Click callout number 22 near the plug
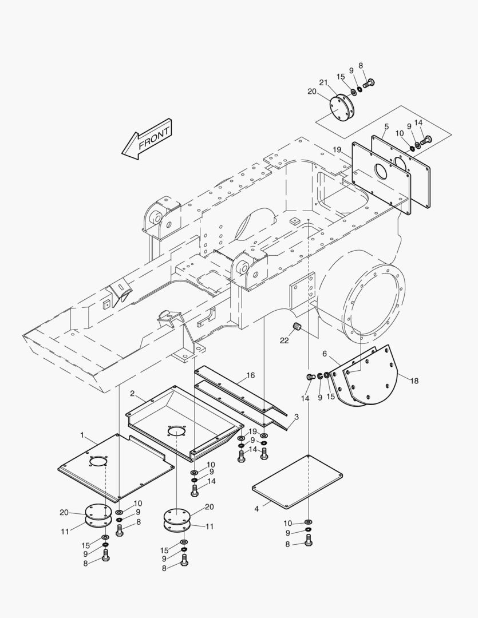click(x=284, y=340)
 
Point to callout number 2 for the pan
click(x=132, y=394)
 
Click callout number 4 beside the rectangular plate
click(x=257, y=508)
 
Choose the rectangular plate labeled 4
click(x=297, y=481)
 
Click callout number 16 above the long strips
click(x=250, y=375)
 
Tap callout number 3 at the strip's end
click(x=296, y=417)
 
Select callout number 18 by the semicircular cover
click(x=414, y=381)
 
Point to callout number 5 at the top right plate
click(x=386, y=126)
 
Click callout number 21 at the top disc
click(x=323, y=84)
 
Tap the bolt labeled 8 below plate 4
click(x=308, y=544)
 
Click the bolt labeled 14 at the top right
click(x=426, y=139)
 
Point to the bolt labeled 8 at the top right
click(x=369, y=83)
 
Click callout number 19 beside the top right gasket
click(x=337, y=149)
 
